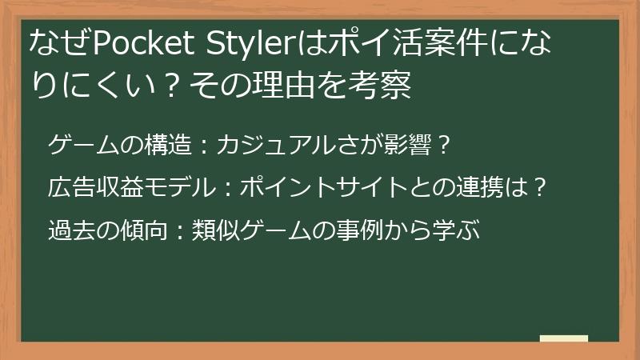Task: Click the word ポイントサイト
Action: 326,189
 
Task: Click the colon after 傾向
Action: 179,232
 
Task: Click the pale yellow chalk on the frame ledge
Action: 564,339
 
